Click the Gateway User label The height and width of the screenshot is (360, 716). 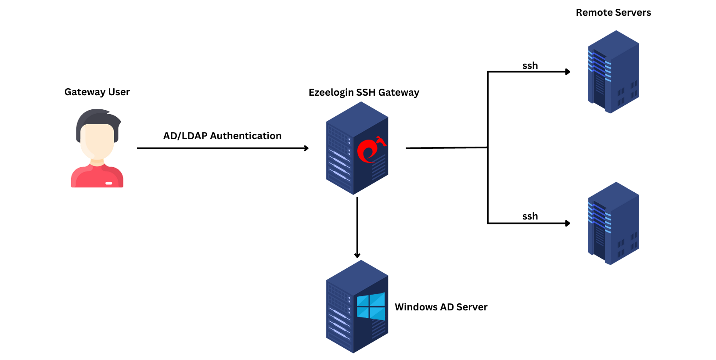(97, 92)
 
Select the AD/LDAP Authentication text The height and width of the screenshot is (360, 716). (222, 136)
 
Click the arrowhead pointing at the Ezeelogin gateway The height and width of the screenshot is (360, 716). (306, 148)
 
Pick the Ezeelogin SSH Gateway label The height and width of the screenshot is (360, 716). (363, 93)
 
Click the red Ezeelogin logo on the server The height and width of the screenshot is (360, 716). (370, 151)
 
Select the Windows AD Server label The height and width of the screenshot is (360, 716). (441, 307)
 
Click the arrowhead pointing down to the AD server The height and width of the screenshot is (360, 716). (357, 255)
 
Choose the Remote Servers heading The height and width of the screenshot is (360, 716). (613, 13)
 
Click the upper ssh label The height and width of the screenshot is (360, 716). (530, 66)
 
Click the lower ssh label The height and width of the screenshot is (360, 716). (530, 216)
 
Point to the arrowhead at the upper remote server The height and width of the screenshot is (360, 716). (568, 72)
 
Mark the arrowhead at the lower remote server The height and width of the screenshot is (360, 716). (568, 223)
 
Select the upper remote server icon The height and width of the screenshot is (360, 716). (613, 72)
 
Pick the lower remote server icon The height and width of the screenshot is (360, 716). (613, 223)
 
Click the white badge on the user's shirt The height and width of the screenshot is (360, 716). (109, 183)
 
